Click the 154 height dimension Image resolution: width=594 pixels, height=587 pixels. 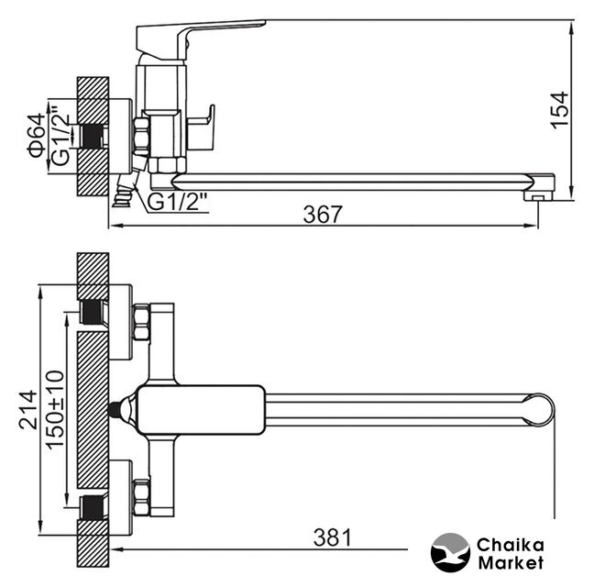(x=560, y=110)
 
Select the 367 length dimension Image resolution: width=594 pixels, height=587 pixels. (x=323, y=215)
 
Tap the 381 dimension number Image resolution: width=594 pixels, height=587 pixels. (x=333, y=537)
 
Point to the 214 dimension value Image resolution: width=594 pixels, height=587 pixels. (x=28, y=410)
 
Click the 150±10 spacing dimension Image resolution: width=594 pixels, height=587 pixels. (x=55, y=410)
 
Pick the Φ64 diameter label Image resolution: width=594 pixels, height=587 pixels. (x=36, y=136)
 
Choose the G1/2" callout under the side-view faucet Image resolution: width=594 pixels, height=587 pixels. (x=177, y=202)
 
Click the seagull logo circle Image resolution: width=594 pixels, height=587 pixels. (x=450, y=553)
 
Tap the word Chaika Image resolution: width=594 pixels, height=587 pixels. (x=511, y=546)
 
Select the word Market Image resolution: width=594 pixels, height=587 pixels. (x=511, y=563)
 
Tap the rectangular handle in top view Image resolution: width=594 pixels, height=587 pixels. (x=201, y=410)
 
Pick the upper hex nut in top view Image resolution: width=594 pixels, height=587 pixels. (x=142, y=322)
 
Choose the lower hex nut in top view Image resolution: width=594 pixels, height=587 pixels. (x=142, y=497)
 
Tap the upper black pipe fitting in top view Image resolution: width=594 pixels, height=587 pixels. (x=93, y=312)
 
